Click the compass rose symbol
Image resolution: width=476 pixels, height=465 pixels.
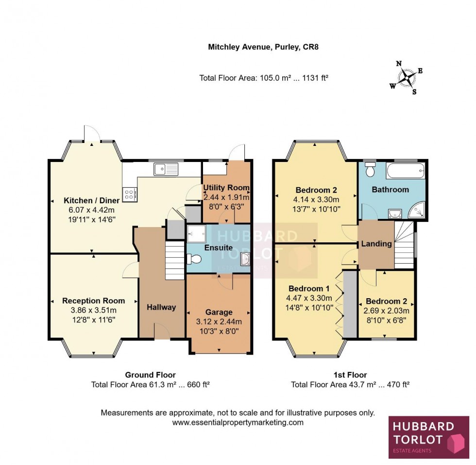[406, 77]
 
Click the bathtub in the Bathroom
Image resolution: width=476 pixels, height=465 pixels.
[405, 171]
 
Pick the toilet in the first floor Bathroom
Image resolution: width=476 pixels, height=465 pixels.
[370, 170]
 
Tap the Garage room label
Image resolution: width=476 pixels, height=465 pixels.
[219, 312]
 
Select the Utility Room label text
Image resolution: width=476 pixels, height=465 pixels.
[226, 188]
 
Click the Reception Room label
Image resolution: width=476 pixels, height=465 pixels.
[93, 301]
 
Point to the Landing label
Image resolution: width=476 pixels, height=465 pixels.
[376, 244]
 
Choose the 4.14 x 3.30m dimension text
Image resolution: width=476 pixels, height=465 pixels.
[316, 199]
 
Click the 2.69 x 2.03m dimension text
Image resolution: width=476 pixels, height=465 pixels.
[387, 310]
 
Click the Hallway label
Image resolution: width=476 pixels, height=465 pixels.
[161, 307]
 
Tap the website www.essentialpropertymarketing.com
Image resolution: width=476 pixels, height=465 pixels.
[238, 422]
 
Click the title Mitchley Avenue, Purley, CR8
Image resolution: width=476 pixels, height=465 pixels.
[263, 47]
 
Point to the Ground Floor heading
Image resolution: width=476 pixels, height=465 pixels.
[150, 375]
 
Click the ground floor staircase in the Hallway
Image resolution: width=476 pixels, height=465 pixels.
[175, 262]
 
